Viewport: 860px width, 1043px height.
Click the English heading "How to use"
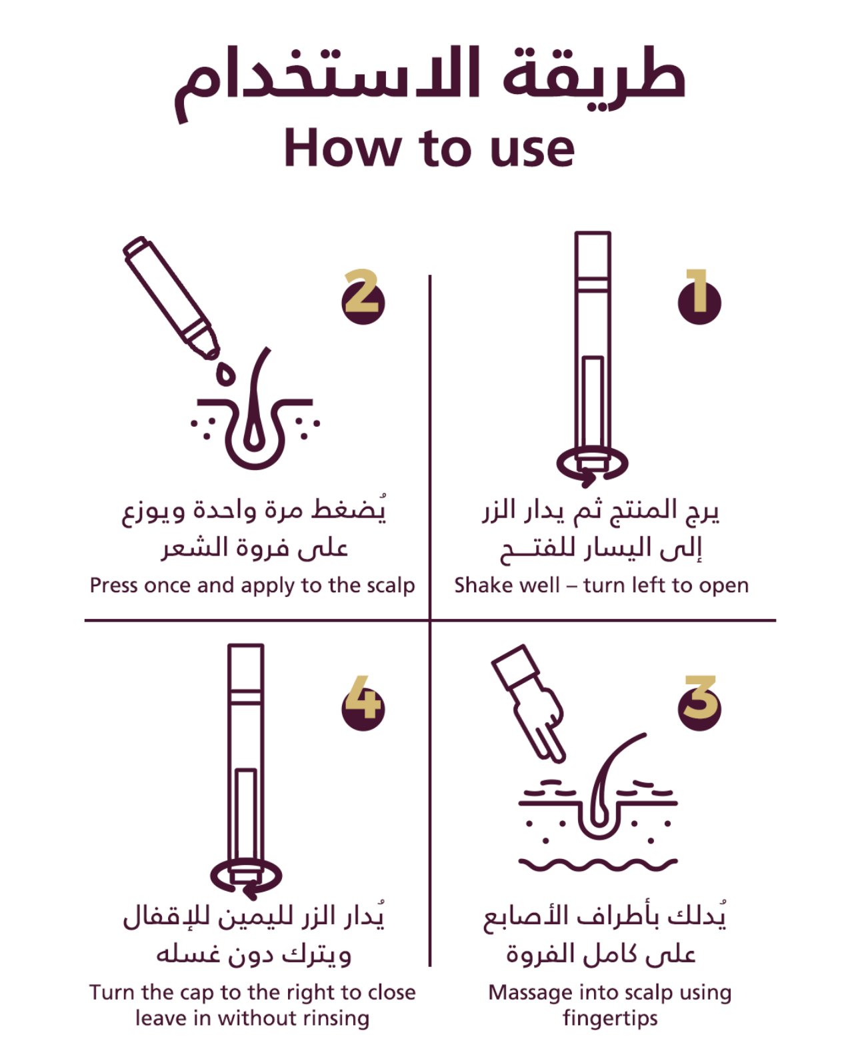coord(429,148)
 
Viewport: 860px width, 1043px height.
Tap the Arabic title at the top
coord(429,83)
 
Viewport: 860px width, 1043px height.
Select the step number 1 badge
coord(699,297)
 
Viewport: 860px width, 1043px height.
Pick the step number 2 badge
coord(363,297)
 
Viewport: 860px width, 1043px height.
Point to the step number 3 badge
coord(699,704)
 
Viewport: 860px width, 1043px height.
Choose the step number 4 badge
coord(363,704)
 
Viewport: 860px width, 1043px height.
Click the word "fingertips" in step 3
coord(610,1019)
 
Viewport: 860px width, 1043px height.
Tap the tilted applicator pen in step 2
coord(171,297)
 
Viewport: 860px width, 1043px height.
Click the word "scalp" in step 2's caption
coord(391,586)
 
